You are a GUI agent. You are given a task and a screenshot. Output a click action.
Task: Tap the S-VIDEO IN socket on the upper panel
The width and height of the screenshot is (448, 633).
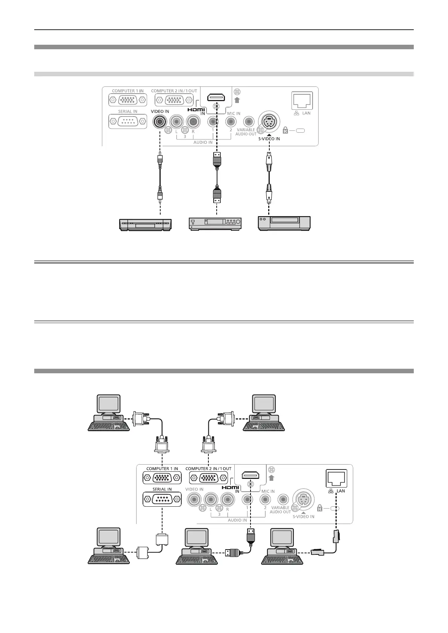[x=268, y=122]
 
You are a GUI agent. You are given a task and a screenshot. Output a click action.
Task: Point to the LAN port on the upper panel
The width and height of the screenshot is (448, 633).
[x=302, y=100]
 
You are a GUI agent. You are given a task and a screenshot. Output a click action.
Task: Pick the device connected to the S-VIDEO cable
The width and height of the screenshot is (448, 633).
[x=284, y=223]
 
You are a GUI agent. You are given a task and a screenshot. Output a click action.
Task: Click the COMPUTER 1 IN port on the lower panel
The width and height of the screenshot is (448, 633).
[x=162, y=478]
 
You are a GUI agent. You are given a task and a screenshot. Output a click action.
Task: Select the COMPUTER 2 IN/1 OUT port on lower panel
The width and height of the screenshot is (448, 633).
[x=208, y=478]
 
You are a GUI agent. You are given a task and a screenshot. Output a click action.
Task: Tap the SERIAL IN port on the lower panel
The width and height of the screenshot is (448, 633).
[x=162, y=499]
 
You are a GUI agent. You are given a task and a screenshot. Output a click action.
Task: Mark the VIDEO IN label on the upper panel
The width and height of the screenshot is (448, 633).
[x=160, y=112]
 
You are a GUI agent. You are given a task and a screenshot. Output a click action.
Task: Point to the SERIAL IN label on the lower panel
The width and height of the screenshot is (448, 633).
[x=162, y=489]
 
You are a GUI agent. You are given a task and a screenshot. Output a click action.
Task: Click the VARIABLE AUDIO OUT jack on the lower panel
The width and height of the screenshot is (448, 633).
[x=283, y=499]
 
